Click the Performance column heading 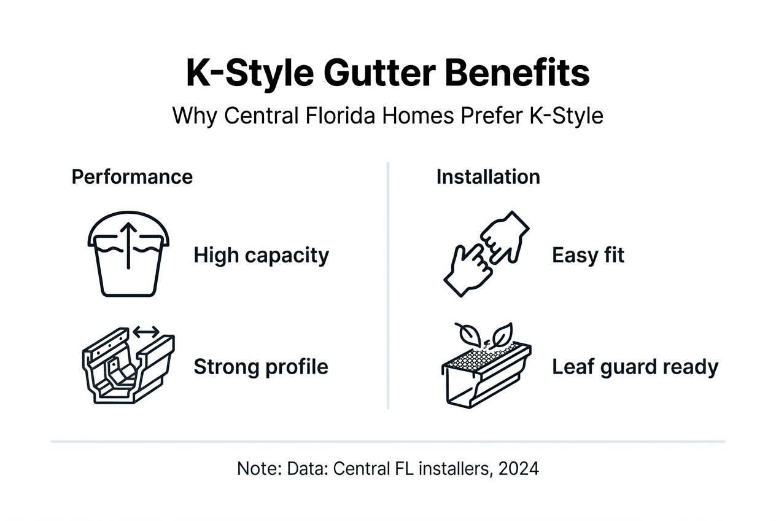(x=132, y=177)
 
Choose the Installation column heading (x=488, y=177)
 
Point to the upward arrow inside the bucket (x=128, y=245)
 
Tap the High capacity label (x=261, y=256)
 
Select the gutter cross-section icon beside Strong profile (x=128, y=366)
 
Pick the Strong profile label (x=261, y=367)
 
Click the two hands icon (x=484, y=254)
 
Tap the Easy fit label (x=588, y=256)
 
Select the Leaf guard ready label (x=635, y=367)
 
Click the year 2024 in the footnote (x=519, y=469)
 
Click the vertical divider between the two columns (x=388, y=286)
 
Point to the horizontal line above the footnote (x=388, y=441)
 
